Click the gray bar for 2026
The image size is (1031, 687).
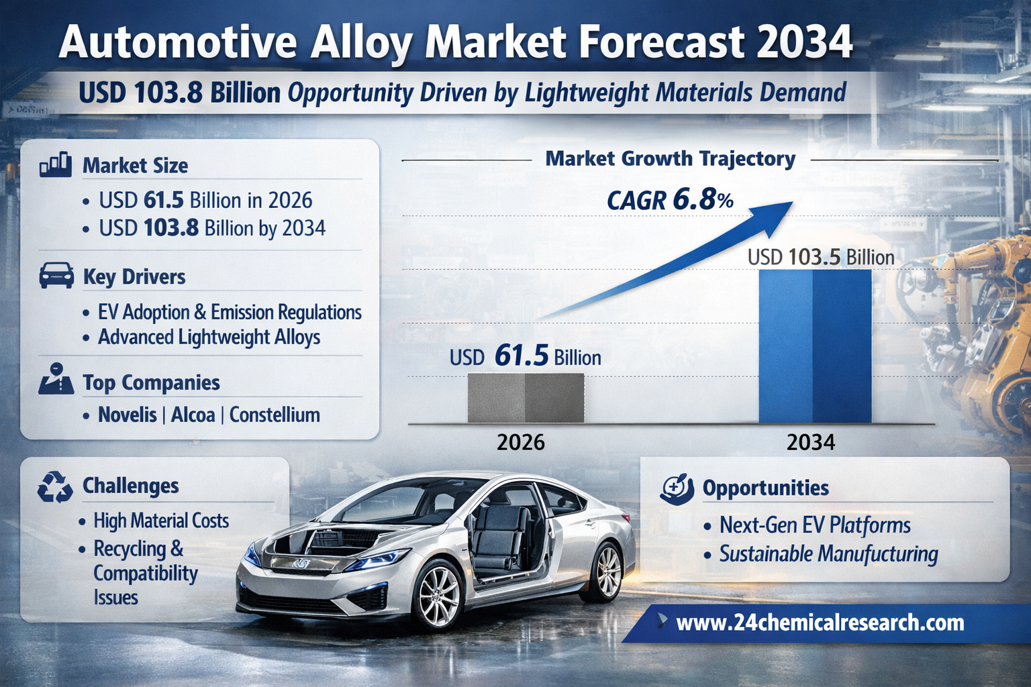pos(526,398)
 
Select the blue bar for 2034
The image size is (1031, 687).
pos(815,346)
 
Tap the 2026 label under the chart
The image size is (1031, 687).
pos(521,442)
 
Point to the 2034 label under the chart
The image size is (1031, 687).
pos(811,442)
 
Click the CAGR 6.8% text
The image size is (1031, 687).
pos(670,200)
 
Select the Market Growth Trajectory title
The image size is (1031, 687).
pos(670,159)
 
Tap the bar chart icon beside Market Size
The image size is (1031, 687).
pos(56,164)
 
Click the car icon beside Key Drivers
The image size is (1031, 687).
pos(56,275)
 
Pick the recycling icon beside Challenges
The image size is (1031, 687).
pos(55,486)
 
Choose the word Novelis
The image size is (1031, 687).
pos(128,415)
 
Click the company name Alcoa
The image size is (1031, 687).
pos(193,415)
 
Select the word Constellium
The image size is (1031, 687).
pos(275,415)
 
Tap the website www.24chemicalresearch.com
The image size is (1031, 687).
pos(820,623)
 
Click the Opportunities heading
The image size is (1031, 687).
pos(765,488)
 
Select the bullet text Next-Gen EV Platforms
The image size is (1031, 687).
pos(815,525)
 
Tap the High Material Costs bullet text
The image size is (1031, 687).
pos(161,521)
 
